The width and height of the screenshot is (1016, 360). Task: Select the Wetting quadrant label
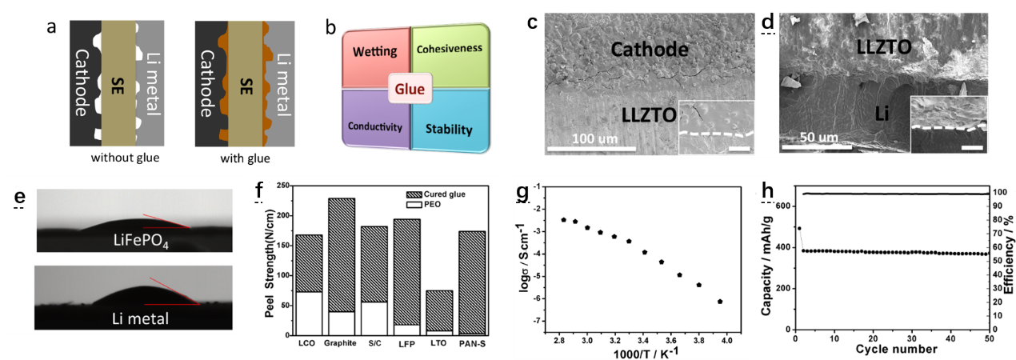pyautogui.click(x=375, y=52)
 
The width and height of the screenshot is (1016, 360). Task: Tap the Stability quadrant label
pyautogui.click(x=449, y=130)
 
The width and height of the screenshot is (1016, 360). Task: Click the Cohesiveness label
pyautogui.click(x=450, y=49)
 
